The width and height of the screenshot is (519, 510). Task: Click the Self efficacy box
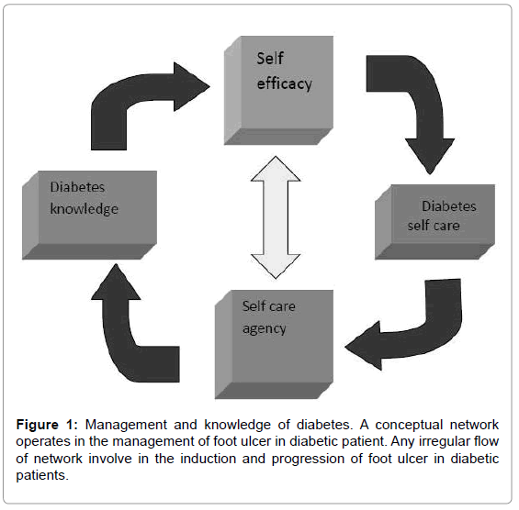coord(278,90)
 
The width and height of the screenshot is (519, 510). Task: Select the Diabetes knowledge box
coord(89,215)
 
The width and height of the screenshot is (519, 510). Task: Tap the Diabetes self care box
coord(434,222)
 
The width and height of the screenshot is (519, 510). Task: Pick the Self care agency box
coord(274,344)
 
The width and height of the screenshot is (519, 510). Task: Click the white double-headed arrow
coord(276,217)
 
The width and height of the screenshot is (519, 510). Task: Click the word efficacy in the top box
coord(285,83)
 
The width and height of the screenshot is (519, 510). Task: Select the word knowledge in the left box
coord(85,209)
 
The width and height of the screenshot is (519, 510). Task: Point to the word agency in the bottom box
coord(265,329)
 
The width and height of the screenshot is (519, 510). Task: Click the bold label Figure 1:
coord(47,425)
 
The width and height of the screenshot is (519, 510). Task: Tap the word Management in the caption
coord(126,425)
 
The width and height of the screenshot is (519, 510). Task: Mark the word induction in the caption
coord(208,459)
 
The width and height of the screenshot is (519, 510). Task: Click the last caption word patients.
coord(42,476)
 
